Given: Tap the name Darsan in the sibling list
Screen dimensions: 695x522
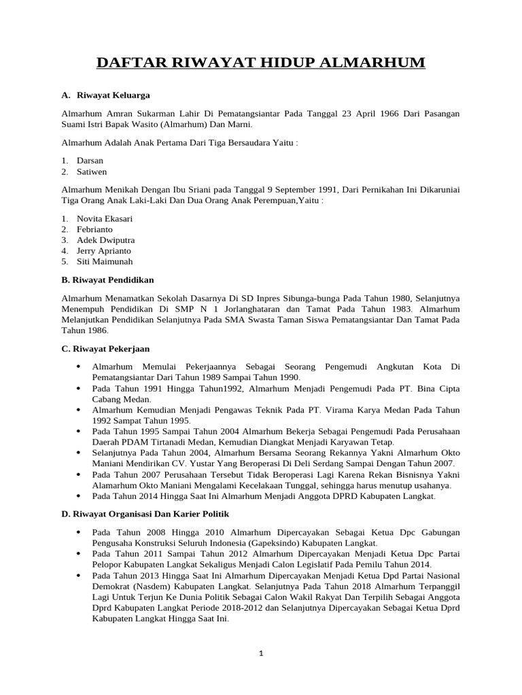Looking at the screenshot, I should point(90,161).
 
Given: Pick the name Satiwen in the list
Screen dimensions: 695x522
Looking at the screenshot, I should point(92,172).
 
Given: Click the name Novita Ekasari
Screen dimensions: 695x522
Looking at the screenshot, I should point(105,219).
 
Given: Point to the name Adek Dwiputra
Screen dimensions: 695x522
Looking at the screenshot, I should point(105,240).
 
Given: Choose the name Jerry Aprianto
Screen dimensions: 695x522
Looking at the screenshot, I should point(104,250).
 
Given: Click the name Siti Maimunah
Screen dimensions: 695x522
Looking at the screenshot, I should point(105,261).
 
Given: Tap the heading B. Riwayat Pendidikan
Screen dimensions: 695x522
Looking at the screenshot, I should point(107,280).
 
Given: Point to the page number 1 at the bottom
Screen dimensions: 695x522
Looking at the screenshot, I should point(260,653).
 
